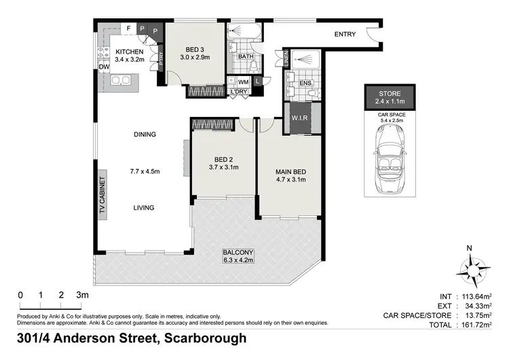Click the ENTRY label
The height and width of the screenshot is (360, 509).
(x=347, y=35)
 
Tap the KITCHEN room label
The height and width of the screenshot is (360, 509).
(x=129, y=52)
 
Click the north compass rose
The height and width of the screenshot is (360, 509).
(x=470, y=269)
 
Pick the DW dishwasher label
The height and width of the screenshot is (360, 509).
(x=105, y=67)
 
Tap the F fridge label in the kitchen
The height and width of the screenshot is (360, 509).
(x=129, y=29)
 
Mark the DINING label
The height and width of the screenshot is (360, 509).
(x=144, y=134)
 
